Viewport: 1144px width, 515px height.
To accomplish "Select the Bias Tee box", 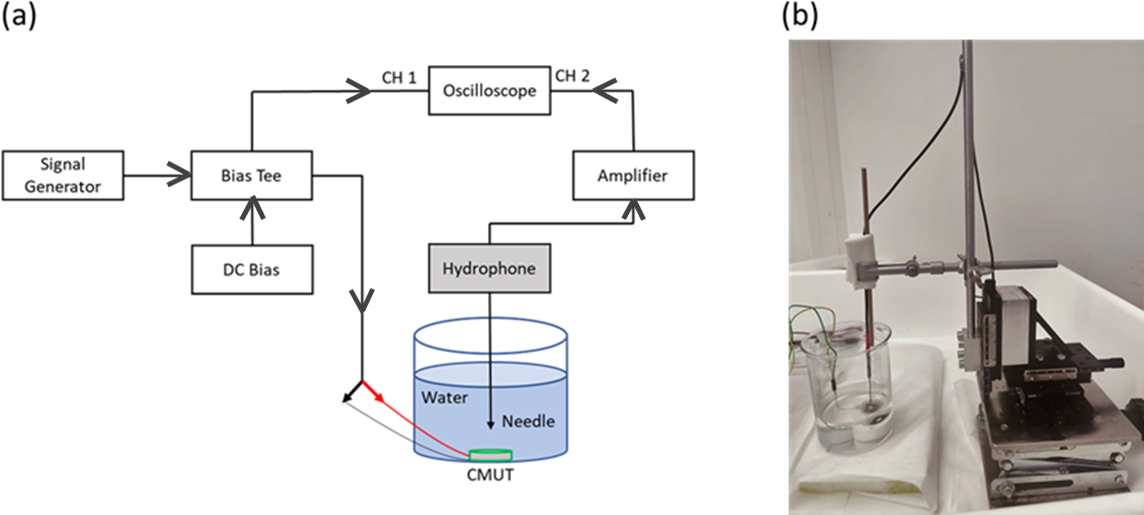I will tap(251, 175).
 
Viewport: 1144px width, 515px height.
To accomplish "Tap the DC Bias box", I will tap(251, 269).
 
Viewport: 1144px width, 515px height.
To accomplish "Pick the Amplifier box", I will tap(632, 175).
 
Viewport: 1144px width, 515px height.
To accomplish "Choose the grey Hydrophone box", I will tap(489, 268).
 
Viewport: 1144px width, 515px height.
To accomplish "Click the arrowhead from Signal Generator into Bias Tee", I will tap(181, 175).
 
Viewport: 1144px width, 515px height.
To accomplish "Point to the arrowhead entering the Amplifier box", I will tap(632, 207).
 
